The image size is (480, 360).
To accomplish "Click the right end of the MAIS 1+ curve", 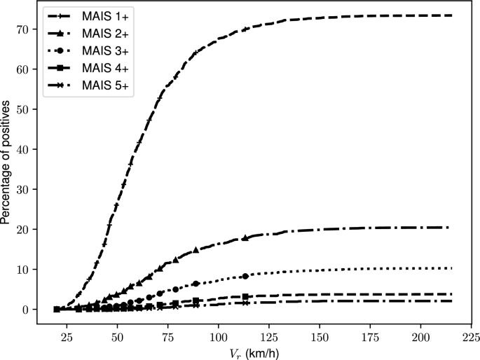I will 451,15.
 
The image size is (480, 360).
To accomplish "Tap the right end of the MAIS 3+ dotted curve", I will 451,268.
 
